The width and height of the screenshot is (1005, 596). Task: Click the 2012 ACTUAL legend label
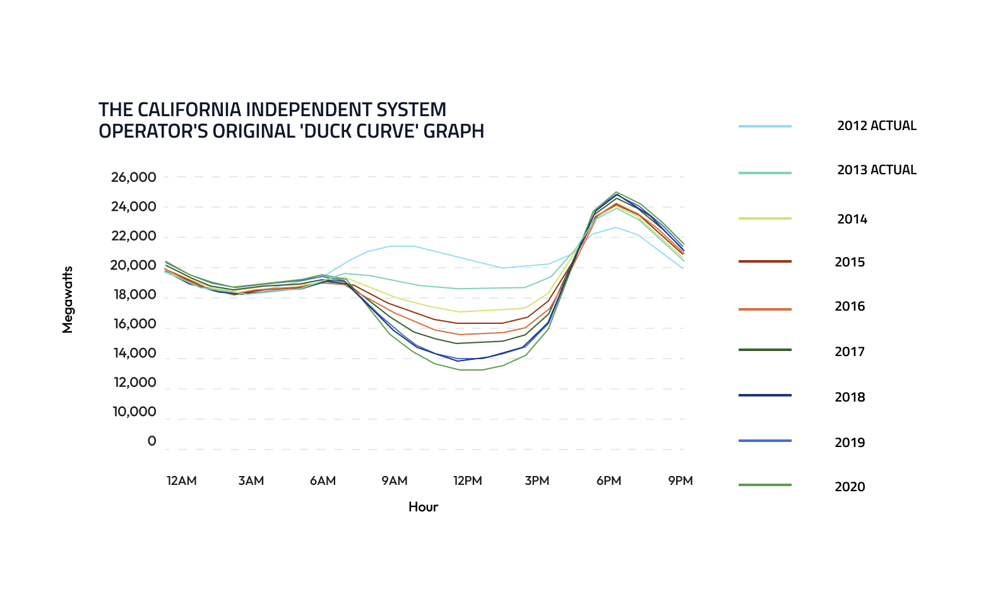click(876, 126)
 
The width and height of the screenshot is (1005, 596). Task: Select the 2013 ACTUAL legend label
click(876, 170)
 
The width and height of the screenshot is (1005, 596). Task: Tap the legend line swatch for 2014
click(764, 218)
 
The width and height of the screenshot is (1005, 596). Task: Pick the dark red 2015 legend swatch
click(764, 261)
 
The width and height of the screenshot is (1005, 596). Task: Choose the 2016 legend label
click(850, 307)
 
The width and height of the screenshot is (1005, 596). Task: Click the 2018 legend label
click(850, 397)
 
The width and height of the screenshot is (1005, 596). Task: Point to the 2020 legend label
click(850, 487)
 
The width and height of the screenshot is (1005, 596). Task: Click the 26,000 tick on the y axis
click(133, 177)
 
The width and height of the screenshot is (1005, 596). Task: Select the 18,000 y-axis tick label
click(133, 295)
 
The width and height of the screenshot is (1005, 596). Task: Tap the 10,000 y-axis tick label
click(134, 412)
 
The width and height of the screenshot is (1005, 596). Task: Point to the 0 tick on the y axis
click(152, 441)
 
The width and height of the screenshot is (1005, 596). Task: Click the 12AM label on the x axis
click(181, 481)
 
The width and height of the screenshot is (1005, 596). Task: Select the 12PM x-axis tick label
click(467, 481)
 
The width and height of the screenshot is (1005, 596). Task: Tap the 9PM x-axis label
click(680, 481)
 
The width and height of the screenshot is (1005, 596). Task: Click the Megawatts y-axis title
click(68, 299)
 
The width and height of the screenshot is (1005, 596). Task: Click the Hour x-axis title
click(423, 507)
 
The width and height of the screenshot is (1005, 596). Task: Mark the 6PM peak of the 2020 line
click(616, 192)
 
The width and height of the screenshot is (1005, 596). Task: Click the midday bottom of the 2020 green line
click(470, 370)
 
